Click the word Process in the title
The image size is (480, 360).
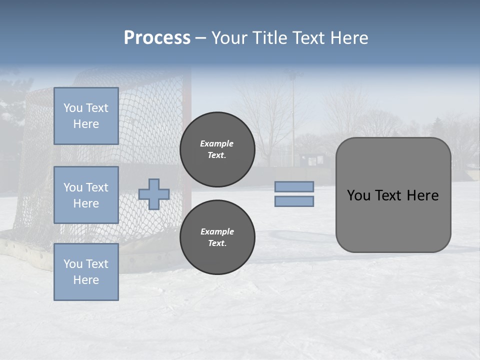[157, 38]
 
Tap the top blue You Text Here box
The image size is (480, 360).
[86, 116]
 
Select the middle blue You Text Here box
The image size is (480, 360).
[86, 195]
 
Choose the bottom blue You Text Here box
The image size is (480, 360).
[86, 272]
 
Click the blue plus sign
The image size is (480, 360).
[154, 194]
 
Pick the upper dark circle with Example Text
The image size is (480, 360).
[217, 149]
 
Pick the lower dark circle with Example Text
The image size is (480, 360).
[217, 237]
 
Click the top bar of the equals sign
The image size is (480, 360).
[294, 186]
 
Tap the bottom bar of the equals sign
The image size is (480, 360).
[294, 201]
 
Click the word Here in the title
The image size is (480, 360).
[349, 38]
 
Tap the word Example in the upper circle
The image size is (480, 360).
[216, 143]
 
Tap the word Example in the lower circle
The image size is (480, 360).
[217, 231]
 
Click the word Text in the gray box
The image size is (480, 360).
[389, 195]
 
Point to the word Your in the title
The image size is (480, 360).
[229, 38]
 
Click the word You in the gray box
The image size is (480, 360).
[359, 195]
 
